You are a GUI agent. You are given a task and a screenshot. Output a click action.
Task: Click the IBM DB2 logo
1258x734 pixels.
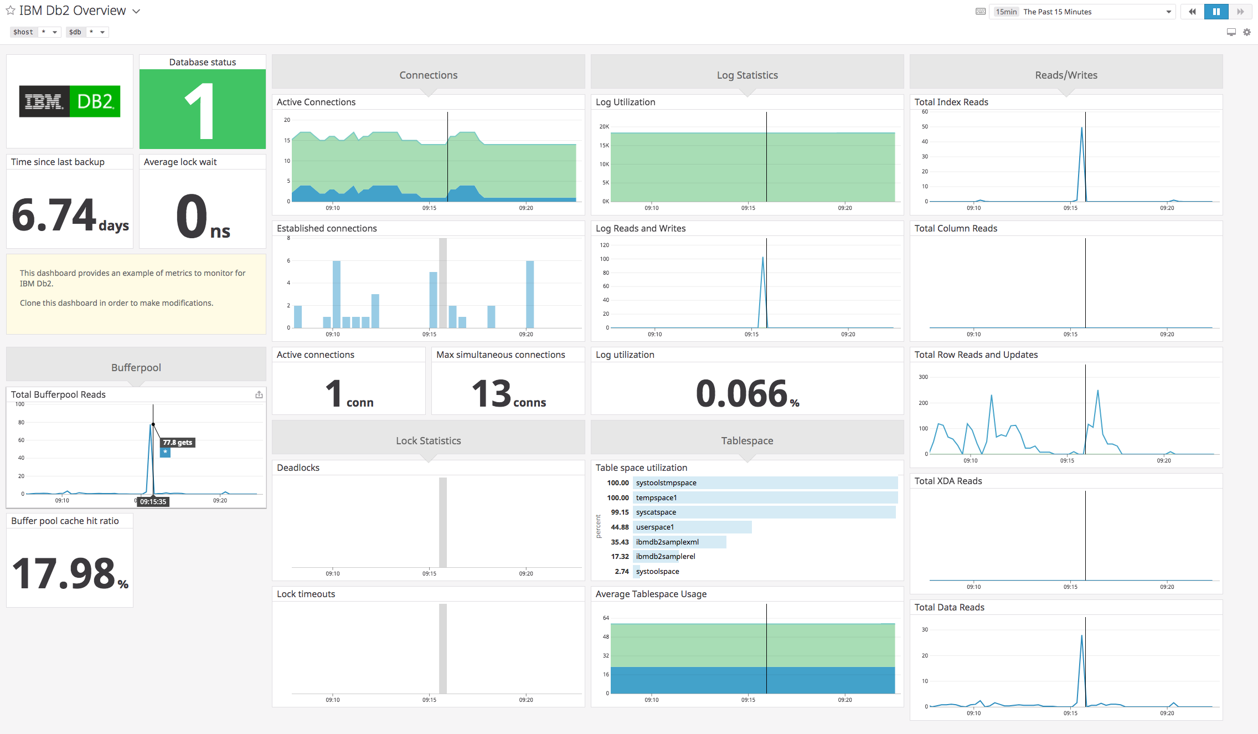point(70,101)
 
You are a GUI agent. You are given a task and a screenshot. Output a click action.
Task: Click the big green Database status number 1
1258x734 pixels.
point(200,111)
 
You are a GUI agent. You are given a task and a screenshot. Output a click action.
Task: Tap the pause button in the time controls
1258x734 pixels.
point(1216,12)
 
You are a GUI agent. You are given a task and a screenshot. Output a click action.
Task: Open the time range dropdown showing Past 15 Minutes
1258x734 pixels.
point(1083,12)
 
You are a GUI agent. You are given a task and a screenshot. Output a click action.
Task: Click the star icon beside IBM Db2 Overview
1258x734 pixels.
point(11,11)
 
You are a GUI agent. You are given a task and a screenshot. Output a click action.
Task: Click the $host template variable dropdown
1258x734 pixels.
point(35,32)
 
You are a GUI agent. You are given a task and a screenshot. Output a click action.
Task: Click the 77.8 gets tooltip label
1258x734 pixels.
point(177,442)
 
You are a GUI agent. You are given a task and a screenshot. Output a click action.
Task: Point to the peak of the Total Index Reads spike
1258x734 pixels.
point(1081,128)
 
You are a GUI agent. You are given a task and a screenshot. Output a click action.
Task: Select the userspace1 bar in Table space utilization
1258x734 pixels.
point(692,527)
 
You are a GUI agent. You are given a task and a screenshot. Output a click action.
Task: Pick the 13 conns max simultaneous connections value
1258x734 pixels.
point(508,394)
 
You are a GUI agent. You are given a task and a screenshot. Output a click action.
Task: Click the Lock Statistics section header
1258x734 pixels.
point(428,440)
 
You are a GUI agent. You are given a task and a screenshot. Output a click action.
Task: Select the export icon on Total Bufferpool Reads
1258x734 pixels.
point(259,394)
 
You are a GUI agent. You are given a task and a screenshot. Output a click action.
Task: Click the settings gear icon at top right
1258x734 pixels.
point(1247,32)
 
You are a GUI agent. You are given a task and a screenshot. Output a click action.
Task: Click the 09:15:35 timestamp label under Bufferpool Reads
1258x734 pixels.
point(153,501)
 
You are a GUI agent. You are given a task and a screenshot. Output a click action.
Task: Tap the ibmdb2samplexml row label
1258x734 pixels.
point(667,542)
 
